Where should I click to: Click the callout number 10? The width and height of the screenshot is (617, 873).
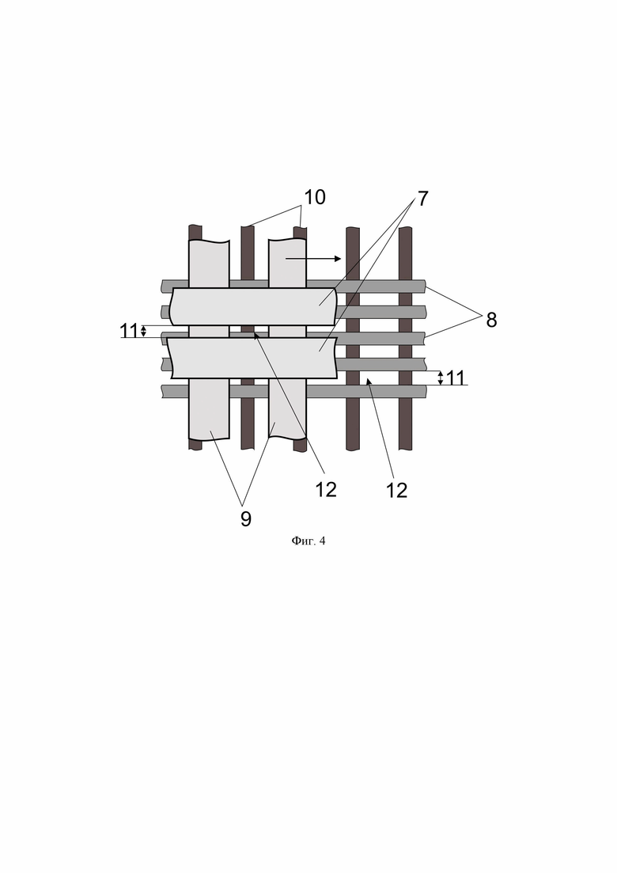pyautogui.click(x=314, y=197)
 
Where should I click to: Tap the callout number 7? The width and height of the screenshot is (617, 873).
pyautogui.click(x=423, y=199)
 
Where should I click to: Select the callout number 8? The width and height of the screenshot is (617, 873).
pyautogui.click(x=491, y=320)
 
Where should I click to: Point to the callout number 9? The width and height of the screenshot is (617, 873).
pyautogui.click(x=246, y=519)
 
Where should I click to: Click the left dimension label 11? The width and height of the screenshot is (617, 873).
pyautogui.click(x=128, y=331)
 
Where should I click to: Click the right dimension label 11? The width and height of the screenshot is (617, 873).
pyautogui.click(x=455, y=378)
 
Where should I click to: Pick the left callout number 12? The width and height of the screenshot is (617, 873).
pyautogui.click(x=326, y=490)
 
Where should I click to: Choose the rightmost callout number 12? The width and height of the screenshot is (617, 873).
pyautogui.click(x=396, y=491)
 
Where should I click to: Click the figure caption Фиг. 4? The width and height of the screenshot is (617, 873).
pyautogui.click(x=308, y=541)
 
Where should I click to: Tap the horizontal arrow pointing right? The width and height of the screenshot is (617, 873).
pyautogui.click(x=313, y=258)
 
